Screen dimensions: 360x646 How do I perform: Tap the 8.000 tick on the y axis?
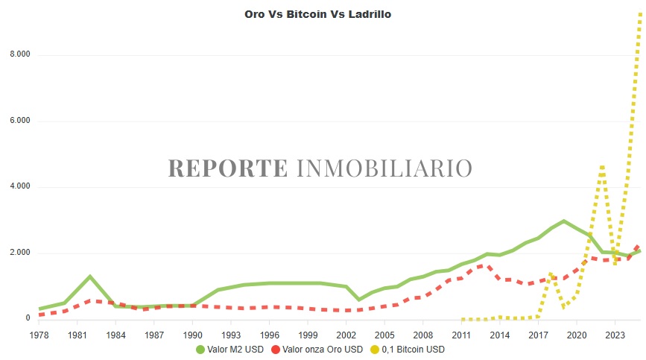coord(19,55)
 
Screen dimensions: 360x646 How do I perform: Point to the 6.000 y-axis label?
coord(19,121)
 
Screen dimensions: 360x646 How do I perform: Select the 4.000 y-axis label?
coord(19,186)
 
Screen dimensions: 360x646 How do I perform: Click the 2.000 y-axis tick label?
coord(19,253)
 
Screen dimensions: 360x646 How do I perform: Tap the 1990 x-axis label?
coord(192,335)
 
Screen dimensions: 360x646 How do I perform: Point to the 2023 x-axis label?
coord(615,335)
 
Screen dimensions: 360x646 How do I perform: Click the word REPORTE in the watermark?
coord(227,168)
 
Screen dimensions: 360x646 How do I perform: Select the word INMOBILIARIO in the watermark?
coord(384,168)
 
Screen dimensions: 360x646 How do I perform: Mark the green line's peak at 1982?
coord(89,277)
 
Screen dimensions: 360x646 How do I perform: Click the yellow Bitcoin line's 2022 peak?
coord(602,166)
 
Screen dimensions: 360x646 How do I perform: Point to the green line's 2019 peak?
coord(564,221)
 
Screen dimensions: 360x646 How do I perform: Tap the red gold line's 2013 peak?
coord(486,265)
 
